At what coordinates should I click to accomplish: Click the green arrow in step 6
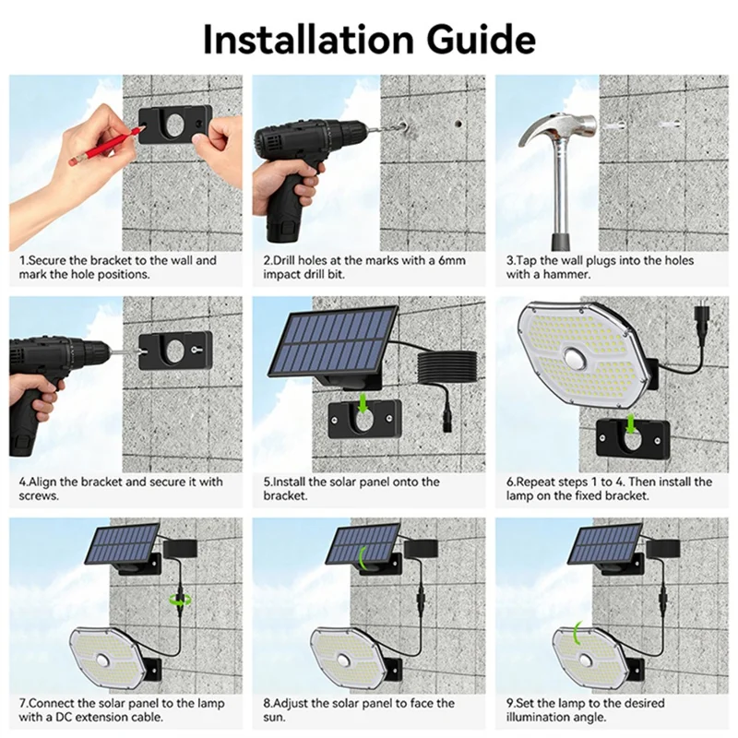click(628, 423)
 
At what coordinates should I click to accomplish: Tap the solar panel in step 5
click(332, 341)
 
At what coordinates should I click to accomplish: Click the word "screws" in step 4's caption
click(40, 495)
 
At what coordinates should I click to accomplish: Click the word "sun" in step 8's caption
click(276, 717)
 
